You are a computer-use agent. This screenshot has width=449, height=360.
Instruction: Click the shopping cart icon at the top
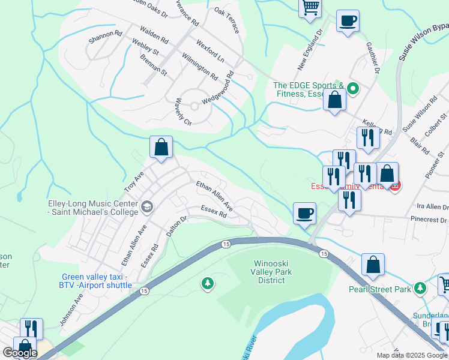pyautogui.click(x=310, y=8)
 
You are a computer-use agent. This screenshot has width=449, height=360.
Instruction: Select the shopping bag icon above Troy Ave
pyautogui.click(x=161, y=147)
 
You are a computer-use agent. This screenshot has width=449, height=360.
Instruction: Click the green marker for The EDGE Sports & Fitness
pyautogui.click(x=354, y=90)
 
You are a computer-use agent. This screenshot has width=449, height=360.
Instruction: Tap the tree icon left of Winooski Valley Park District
pyautogui.click(x=208, y=283)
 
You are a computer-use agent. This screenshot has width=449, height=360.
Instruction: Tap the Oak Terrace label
pyautogui.click(x=226, y=20)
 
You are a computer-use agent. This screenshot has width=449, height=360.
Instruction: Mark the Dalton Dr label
pyautogui.click(x=177, y=226)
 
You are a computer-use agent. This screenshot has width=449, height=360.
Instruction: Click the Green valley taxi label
pyautogui.click(x=96, y=281)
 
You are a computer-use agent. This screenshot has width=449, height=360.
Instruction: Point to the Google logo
pyautogui.click(x=19, y=352)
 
